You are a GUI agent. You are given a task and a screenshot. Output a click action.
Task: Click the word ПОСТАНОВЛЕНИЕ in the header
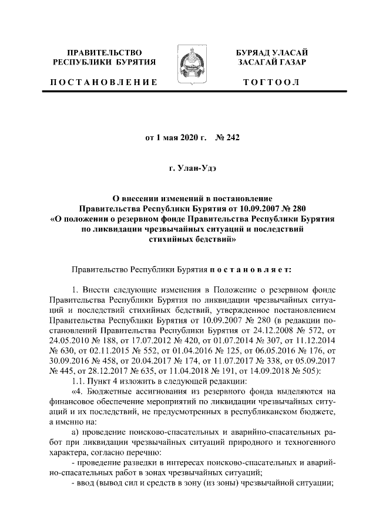click(x=103, y=82)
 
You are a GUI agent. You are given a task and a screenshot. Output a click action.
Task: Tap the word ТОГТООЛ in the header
click(x=272, y=82)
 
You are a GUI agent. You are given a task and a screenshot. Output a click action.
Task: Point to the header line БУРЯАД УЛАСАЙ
click(x=271, y=53)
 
